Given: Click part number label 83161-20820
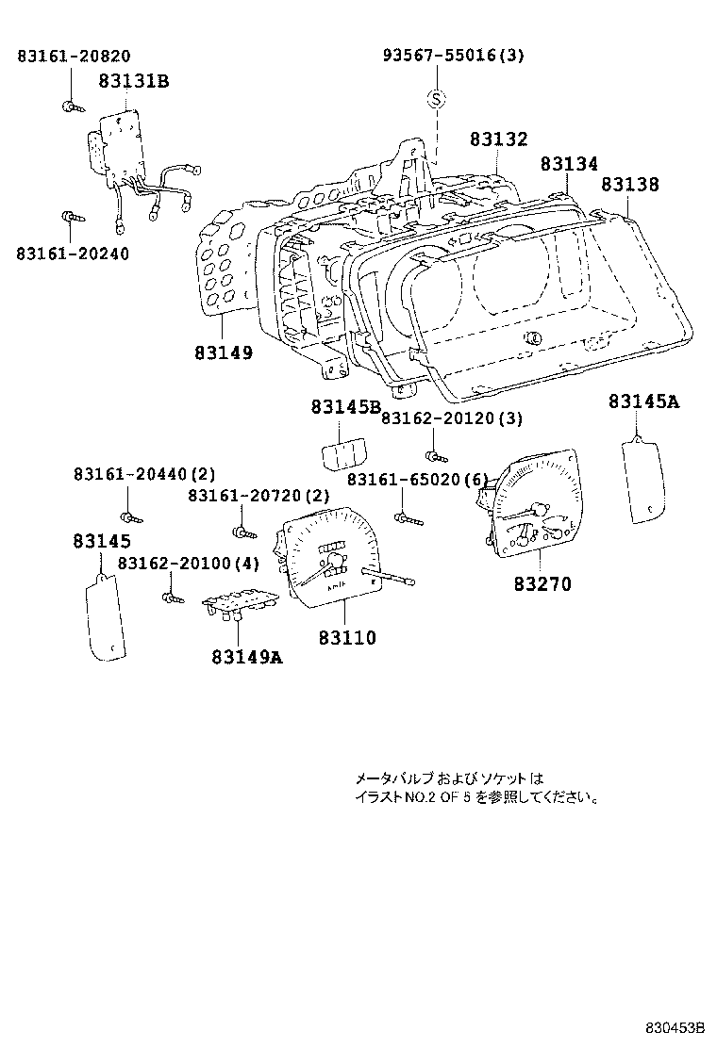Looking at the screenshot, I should pos(74,57).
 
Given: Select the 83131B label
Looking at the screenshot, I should pos(133,81).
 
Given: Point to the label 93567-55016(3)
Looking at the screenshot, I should pos(453,57).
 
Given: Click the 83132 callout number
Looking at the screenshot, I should pos(498,139).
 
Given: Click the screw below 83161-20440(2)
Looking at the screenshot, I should pos(130,516).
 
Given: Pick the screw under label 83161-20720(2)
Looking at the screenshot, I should pos(243,533).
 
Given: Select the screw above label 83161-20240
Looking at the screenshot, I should pos(70,219).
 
